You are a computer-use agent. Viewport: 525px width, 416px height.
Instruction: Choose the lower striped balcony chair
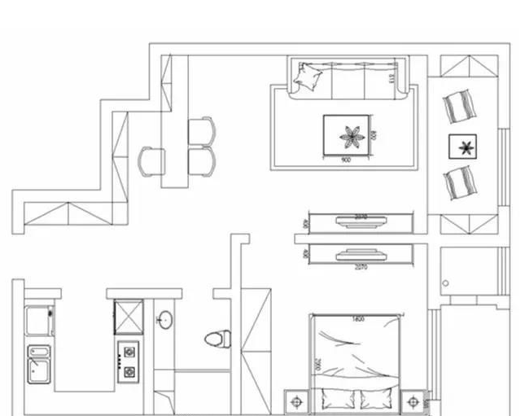[x=460, y=182]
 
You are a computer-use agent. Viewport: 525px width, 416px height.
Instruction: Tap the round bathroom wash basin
[x=164, y=320]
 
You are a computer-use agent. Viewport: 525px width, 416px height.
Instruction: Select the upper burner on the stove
[x=128, y=355]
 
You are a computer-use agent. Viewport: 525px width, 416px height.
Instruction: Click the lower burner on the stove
[x=128, y=371]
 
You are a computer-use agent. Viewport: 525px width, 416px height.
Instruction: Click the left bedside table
[x=295, y=402]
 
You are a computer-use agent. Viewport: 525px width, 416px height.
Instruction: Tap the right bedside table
[x=413, y=402]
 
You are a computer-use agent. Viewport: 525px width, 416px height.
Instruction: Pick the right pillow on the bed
[x=375, y=400]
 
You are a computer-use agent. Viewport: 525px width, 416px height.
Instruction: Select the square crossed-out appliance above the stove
[x=129, y=317]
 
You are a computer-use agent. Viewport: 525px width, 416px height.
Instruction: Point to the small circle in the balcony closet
[x=446, y=283]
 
